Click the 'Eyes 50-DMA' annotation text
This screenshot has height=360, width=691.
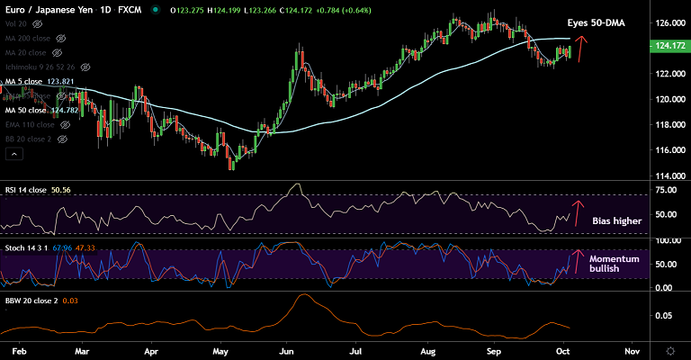pos(597,22)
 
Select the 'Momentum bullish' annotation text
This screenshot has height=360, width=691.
pos(614,264)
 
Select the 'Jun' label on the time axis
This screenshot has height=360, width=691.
pos(288,347)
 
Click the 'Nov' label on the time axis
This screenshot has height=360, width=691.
pos(632,347)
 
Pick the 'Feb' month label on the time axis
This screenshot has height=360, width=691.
pos(17,347)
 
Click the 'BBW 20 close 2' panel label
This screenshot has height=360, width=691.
pos(31,300)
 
